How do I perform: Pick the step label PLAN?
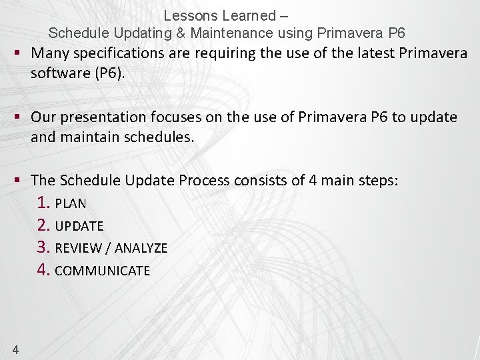tap(71, 203)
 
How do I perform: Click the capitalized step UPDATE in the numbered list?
tap(79, 227)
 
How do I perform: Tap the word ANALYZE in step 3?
tap(141, 249)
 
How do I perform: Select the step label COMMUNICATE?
tap(103, 271)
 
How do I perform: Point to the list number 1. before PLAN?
tap(44, 203)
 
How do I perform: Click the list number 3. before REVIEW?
tap(44, 248)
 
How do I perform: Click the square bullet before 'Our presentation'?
tap(19, 117)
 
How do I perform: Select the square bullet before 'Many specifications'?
tap(19, 53)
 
